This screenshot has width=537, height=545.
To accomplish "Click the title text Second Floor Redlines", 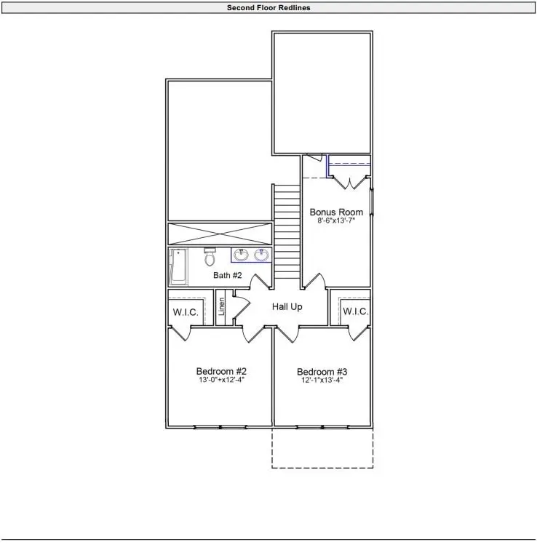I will pyautogui.click(x=268, y=8).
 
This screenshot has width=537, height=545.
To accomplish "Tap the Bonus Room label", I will pyautogui.click(x=336, y=212).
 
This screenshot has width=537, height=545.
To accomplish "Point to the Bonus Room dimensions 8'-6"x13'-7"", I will pyautogui.click(x=336, y=222).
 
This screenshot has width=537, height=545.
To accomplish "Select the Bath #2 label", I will pyautogui.click(x=227, y=275).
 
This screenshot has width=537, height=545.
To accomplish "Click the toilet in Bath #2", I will pyautogui.click(x=210, y=258).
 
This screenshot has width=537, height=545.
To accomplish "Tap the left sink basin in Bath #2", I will pyautogui.click(x=241, y=255).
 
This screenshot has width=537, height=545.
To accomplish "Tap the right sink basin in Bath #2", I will pyautogui.click(x=260, y=255).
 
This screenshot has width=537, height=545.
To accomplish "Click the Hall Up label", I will pyautogui.click(x=287, y=307).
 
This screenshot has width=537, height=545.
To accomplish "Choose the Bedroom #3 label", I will pyautogui.click(x=322, y=370).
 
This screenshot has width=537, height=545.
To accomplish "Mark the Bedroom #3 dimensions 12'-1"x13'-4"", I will pyautogui.click(x=322, y=380).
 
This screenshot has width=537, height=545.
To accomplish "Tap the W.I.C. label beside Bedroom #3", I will pyautogui.click(x=356, y=311).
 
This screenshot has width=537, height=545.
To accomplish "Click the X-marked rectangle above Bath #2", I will pyautogui.click(x=220, y=234).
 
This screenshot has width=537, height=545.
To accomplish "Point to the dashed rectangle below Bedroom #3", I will pyautogui.click(x=322, y=447).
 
